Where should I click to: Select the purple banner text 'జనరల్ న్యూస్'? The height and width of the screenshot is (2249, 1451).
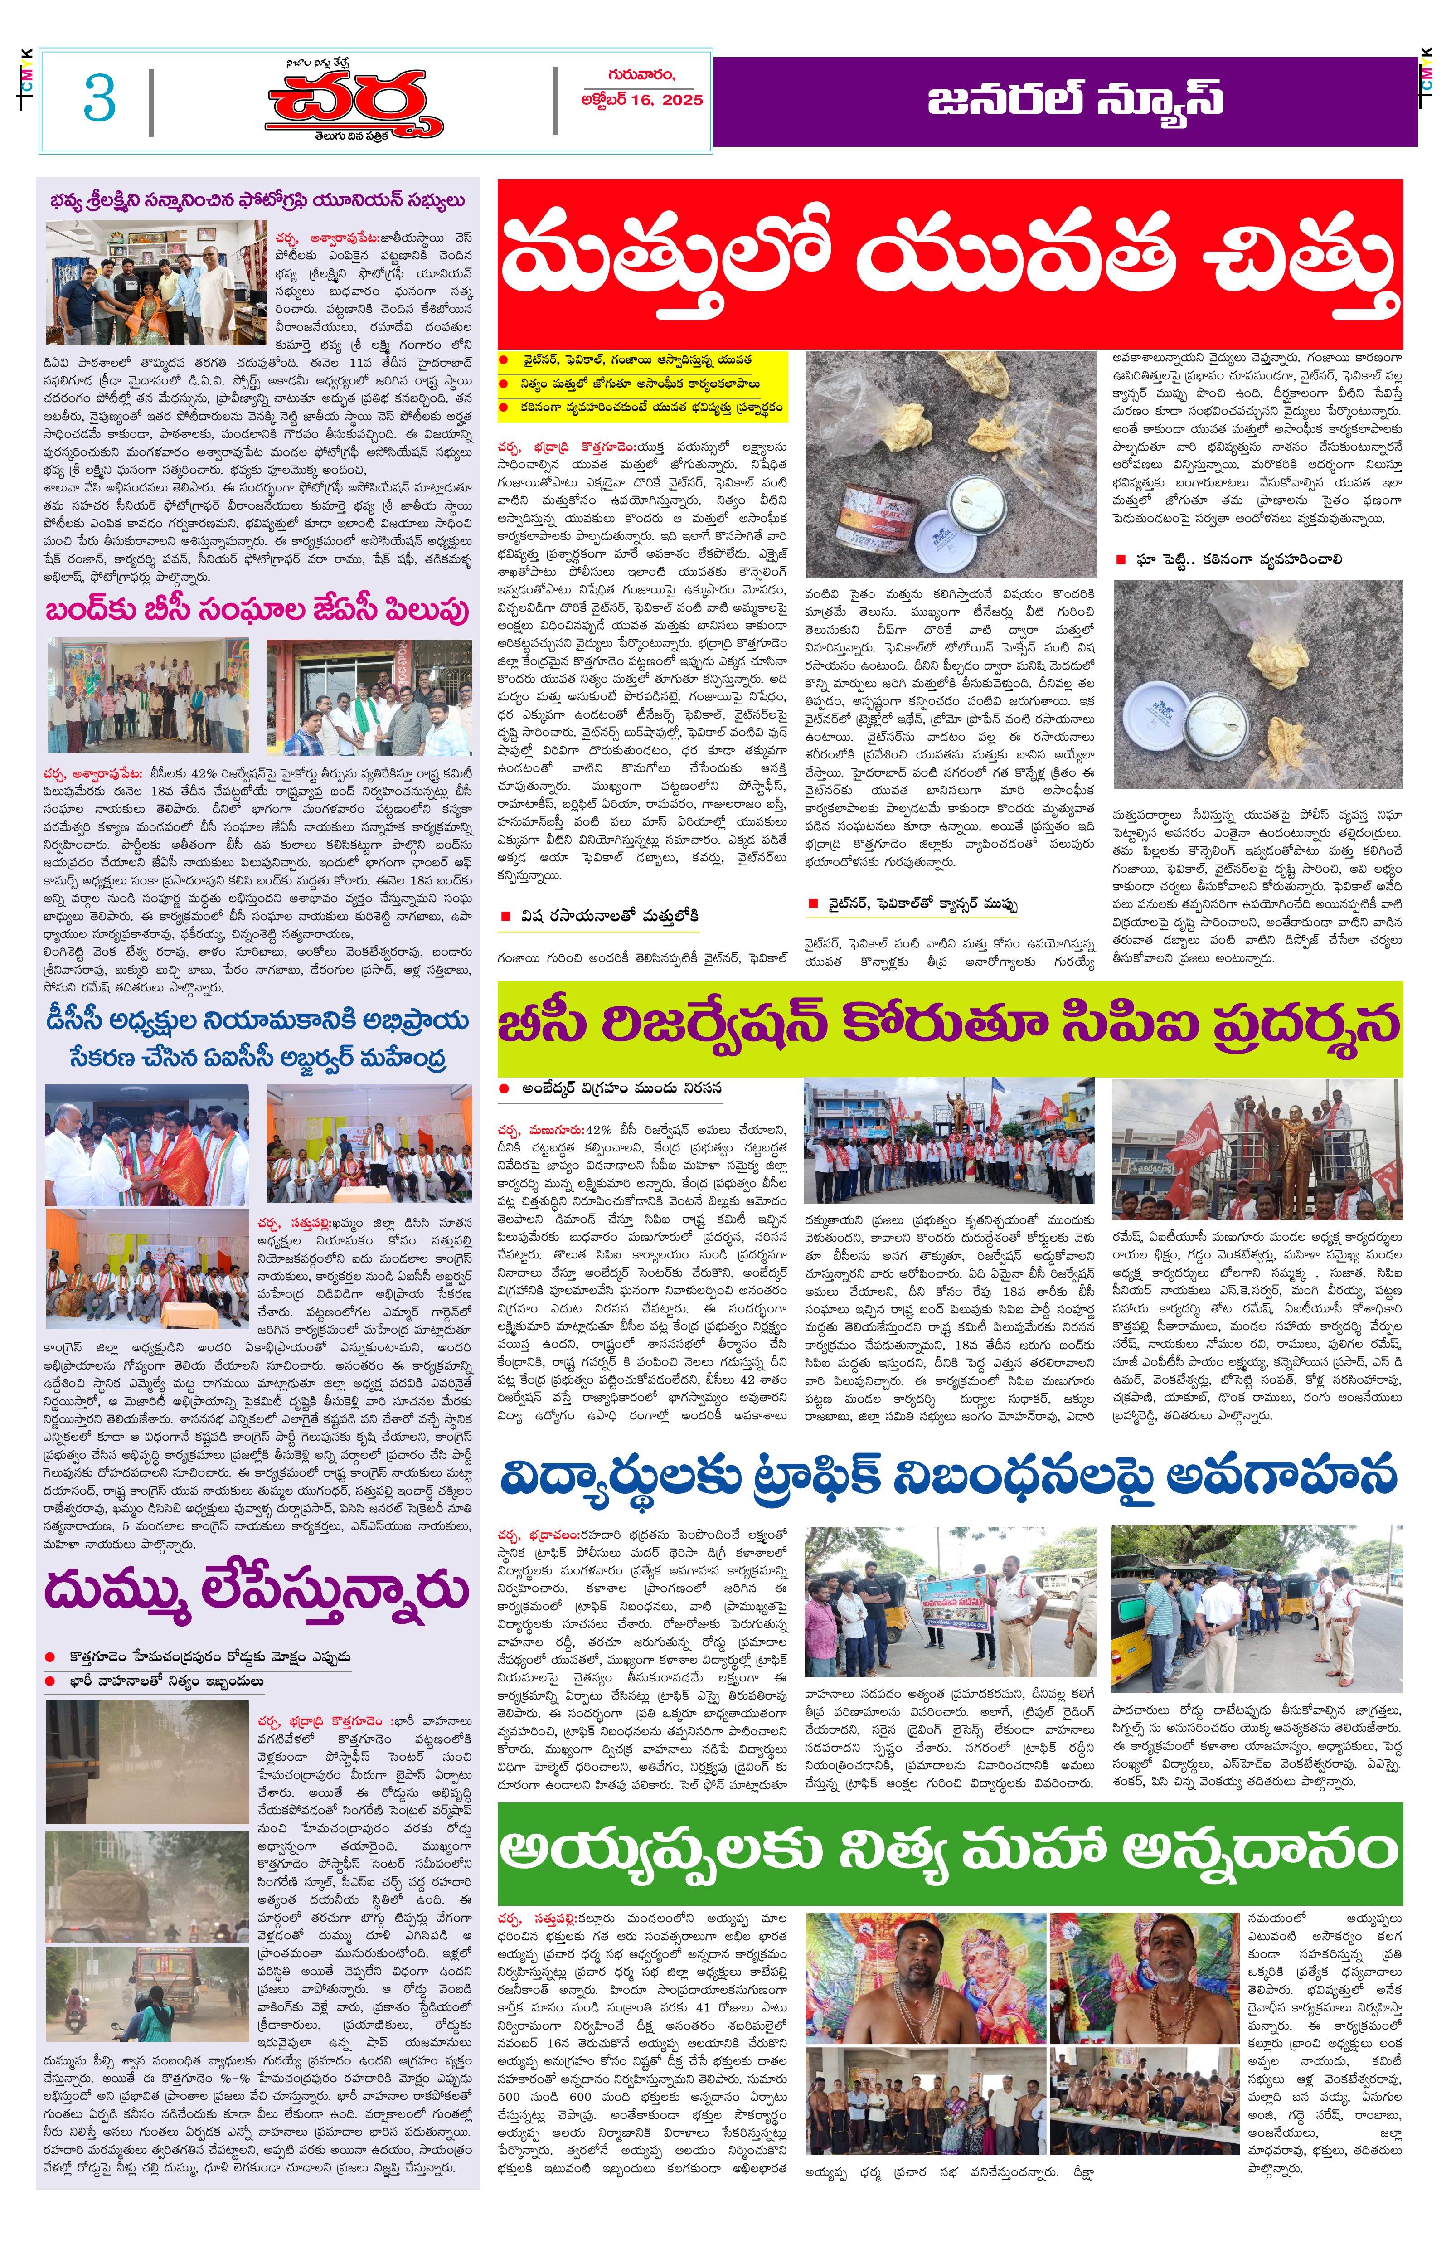click(x=1074, y=100)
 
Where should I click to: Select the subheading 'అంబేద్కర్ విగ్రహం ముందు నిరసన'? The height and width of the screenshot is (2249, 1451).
click(x=622, y=1088)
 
